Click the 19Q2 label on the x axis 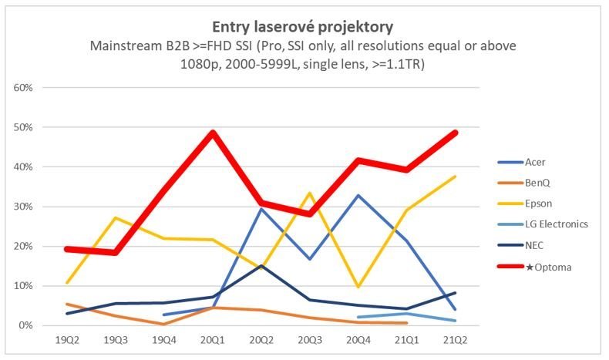click(67, 339)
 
